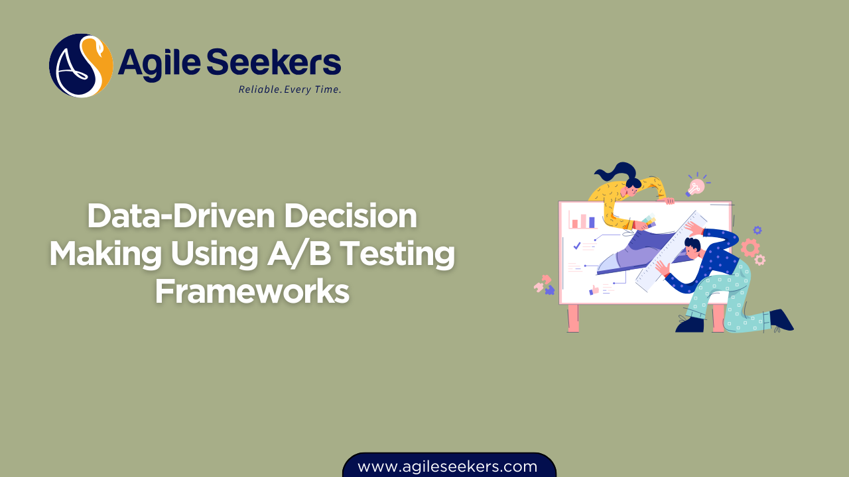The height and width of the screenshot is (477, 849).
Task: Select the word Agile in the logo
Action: [159, 64]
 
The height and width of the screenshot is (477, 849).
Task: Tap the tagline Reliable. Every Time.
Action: [290, 89]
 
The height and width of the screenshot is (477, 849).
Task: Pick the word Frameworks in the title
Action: [252, 291]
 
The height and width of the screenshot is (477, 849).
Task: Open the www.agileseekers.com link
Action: [448, 466]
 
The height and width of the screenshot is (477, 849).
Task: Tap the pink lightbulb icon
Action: [696, 186]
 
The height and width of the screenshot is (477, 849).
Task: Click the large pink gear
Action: [750, 247]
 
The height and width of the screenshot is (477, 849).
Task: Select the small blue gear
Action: [757, 230]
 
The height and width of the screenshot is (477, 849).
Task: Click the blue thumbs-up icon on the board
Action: [594, 289]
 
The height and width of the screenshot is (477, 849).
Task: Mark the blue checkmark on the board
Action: [577, 246]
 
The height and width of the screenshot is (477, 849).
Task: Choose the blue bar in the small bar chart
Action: [592, 222]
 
